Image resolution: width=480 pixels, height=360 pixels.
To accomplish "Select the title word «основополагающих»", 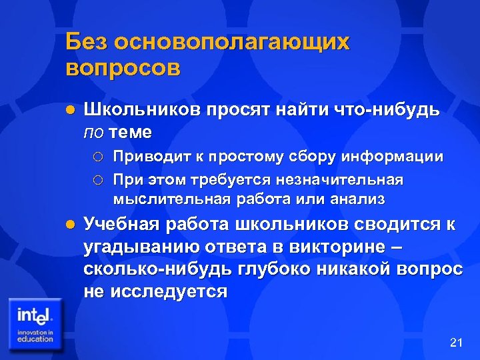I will (x=233, y=43).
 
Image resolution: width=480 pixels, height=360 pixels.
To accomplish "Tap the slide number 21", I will (x=456, y=343).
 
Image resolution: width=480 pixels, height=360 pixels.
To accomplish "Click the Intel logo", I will (x=35, y=324).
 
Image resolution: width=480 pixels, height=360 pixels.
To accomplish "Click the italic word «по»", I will (x=93, y=132).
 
